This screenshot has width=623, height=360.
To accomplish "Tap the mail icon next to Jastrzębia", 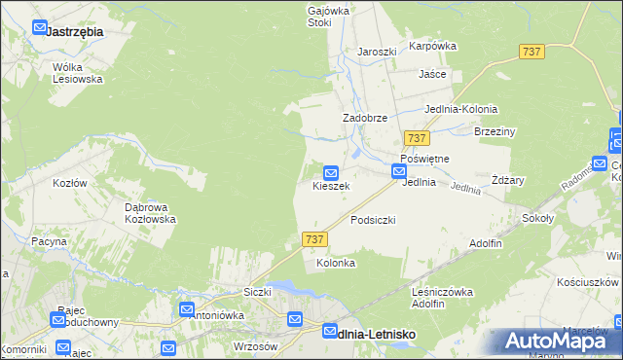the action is [39, 29].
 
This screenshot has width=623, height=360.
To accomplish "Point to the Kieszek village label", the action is [330, 185].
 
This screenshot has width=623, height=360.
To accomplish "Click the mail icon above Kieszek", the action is [331, 171].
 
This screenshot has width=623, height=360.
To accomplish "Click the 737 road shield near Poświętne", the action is [418, 139].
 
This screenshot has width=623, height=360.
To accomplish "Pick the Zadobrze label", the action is [365, 118].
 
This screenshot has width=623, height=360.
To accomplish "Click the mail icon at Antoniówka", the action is [188, 308].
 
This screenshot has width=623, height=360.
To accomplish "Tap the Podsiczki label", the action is [373, 220].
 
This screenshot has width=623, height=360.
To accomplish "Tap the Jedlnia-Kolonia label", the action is [461, 109].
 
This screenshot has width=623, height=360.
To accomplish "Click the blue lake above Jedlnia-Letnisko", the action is [282, 288].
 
